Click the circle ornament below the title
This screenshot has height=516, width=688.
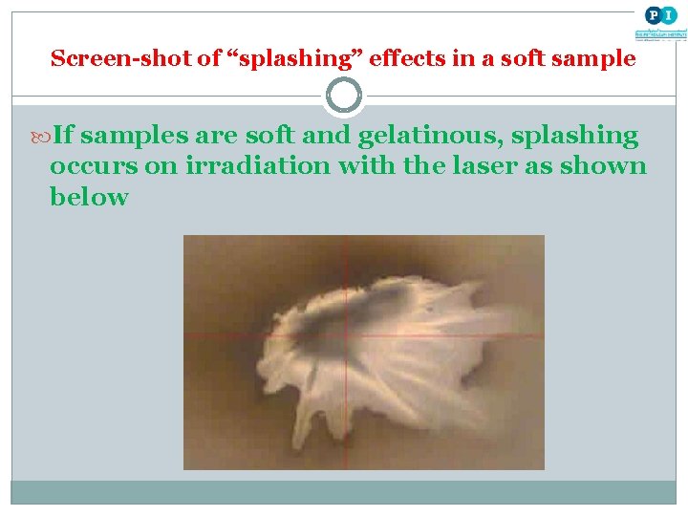click(x=344, y=96)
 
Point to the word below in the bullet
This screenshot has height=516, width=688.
click(x=89, y=197)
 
